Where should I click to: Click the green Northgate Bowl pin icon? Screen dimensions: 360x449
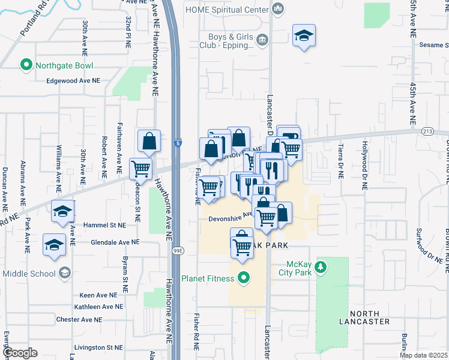point(26,64)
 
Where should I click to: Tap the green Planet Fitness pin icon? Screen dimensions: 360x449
point(243,277)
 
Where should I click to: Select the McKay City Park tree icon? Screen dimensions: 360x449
point(321,266)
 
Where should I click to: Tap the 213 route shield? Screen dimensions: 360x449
point(427,131)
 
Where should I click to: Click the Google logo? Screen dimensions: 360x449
point(20,353)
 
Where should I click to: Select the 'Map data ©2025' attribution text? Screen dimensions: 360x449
point(423,355)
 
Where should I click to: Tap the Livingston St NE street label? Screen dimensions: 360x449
point(98,347)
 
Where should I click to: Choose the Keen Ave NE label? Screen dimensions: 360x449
point(101,295)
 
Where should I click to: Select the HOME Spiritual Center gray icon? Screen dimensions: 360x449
point(277,9)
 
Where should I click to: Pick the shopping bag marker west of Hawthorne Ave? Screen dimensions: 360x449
point(148,142)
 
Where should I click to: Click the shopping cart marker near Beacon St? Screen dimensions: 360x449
point(140,169)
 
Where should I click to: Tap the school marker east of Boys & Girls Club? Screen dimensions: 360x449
point(304,35)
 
